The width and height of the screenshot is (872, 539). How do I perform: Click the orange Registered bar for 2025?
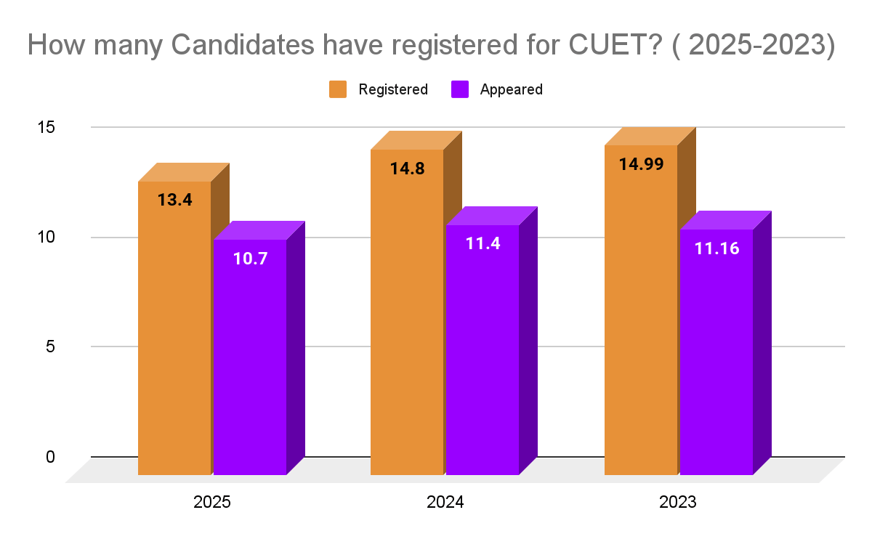174,334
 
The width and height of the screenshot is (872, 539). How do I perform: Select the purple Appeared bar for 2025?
250,363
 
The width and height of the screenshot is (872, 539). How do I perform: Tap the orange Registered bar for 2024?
407,320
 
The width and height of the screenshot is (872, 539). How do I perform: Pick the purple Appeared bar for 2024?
483,356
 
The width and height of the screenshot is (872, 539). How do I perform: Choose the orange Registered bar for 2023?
641,320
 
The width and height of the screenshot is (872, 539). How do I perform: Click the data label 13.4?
174,200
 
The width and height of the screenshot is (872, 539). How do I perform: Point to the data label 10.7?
250,258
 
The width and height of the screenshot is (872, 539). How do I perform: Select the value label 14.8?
407,169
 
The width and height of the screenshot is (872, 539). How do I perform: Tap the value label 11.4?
483,243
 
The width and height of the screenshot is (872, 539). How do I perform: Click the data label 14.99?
641,164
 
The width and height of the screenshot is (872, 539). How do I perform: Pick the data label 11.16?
716,248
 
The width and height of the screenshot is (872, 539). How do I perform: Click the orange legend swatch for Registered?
338,89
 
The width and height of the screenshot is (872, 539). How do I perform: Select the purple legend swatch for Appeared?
459,89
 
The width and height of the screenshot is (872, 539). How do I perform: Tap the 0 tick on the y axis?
50,457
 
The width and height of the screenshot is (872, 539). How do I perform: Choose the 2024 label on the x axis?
445,503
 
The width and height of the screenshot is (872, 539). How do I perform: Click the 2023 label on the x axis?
679,503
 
